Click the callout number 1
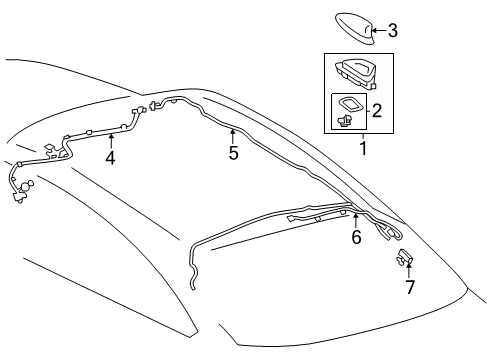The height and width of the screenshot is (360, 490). [x=362, y=149]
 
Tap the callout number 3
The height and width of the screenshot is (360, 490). [x=393, y=31]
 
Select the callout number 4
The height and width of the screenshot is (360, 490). [x=110, y=157]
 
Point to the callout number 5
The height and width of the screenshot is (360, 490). [x=233, y=153]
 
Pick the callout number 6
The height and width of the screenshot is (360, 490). [x=355, y=237]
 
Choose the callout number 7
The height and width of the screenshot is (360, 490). [x=409, y=287]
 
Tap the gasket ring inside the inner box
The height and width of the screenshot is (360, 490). [x=353, y=105]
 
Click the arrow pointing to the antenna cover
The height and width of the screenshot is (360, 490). [x=379, y=31]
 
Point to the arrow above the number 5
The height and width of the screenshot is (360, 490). [x=232, y=134]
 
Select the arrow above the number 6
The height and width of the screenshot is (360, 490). [x=355, y=219]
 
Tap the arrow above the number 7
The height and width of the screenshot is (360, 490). [x=408, y=269]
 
